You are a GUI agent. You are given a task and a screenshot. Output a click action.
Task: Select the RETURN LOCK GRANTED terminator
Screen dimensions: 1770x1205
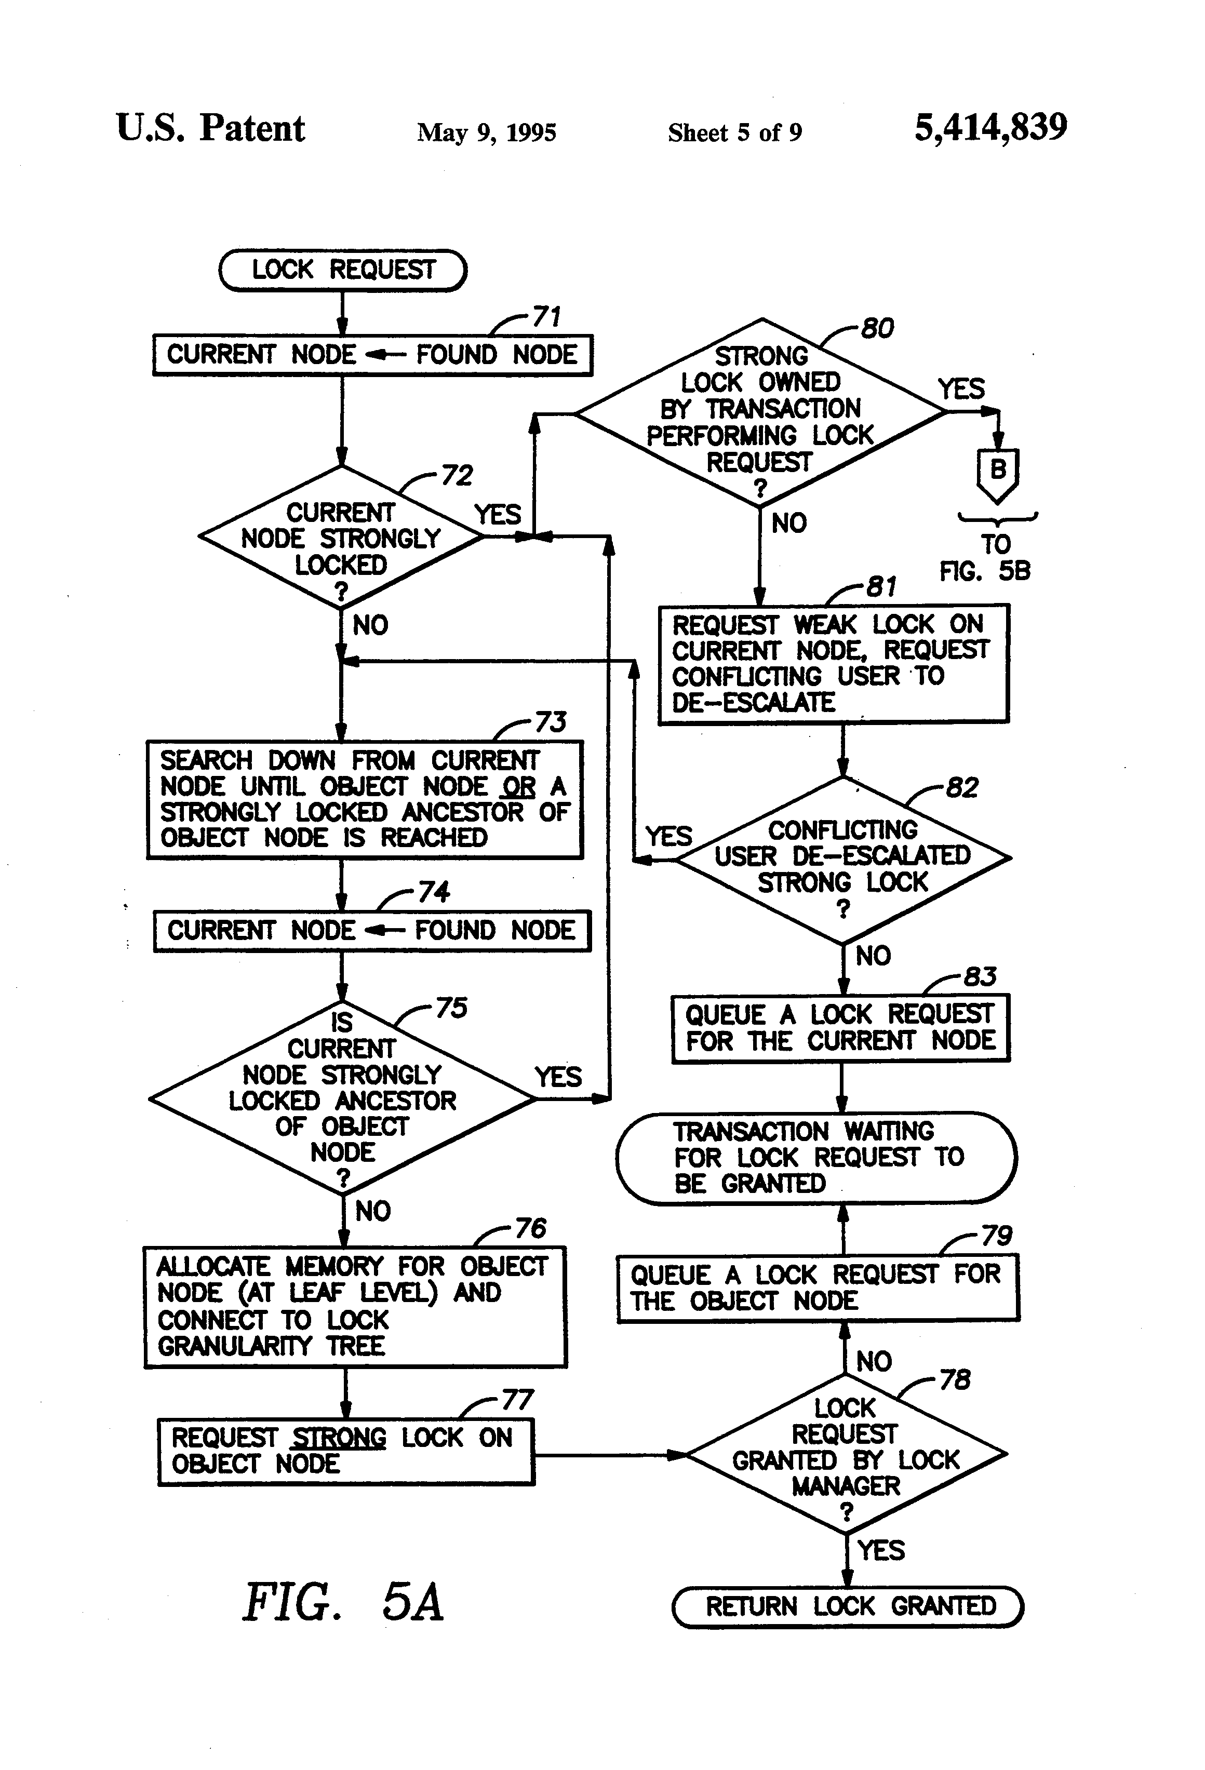coord(848,1606)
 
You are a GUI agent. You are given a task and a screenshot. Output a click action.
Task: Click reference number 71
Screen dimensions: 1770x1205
coord(545,316)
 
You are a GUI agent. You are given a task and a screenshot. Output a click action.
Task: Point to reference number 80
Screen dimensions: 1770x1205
coord(877,329)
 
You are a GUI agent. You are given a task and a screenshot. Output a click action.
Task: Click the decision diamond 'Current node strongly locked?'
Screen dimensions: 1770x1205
coord(341,538)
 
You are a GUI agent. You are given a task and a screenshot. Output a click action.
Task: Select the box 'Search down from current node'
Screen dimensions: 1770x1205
coord(364,799)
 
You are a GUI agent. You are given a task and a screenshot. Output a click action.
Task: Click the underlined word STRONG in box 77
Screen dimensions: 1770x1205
coord(339,1438)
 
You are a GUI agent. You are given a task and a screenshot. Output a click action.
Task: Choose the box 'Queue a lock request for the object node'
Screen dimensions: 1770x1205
coord(818,1288)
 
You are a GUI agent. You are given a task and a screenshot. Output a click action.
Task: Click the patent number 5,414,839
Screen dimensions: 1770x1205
coord(990,127)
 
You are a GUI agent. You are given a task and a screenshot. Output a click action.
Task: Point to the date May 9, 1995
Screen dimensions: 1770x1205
coord(486,132)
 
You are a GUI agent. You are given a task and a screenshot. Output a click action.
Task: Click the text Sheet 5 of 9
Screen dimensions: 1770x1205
coord(734,132)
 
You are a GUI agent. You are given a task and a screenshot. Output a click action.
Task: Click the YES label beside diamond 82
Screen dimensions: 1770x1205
coord(668,836)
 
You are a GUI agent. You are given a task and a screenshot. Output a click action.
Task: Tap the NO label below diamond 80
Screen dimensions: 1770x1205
coord(788,523)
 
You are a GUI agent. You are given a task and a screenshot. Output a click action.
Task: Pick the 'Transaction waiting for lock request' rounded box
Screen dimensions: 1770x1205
coord(816,1158)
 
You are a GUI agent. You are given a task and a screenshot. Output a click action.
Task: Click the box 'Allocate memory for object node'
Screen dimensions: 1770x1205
coord(355,1306)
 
